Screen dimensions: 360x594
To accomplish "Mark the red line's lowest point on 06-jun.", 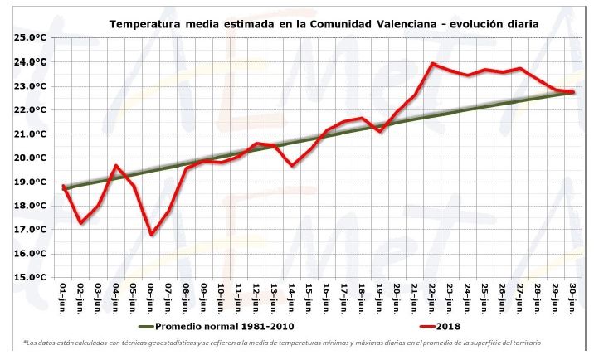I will [151, 235].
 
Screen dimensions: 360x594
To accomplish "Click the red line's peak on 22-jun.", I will [433, 63].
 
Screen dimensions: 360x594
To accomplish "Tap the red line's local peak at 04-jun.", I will [116, 166].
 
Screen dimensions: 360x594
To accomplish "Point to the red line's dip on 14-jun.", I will [292, 165].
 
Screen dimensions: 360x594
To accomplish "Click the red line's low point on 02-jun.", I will [80, 223].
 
